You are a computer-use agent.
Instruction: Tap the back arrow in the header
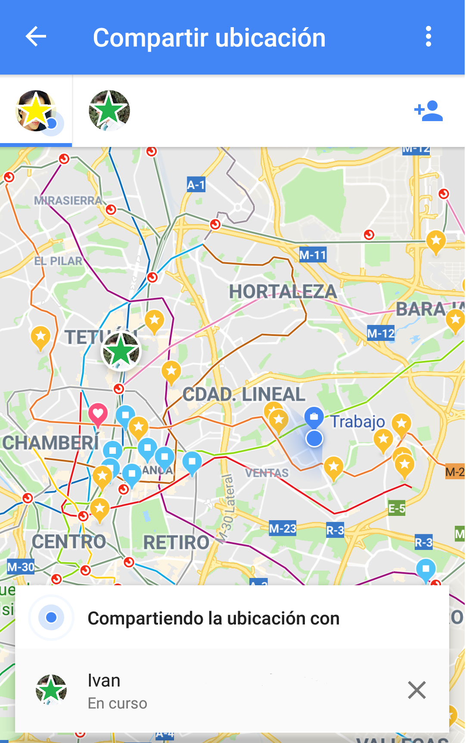click(x=36, y=37)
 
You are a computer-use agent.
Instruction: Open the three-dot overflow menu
click(x=428, y=37)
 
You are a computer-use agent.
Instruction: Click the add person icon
click(x=429, y=111)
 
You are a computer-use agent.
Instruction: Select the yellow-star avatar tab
click(x=36, y=111)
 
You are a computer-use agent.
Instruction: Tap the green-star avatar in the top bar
click(x=109, y=110)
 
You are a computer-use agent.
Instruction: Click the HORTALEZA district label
click(x=283, y=292)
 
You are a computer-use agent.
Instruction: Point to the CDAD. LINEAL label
click(x=244, y=394)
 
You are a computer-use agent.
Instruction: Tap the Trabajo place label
click(x=357, y=421)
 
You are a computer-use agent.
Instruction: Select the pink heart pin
click(x=98, y=414)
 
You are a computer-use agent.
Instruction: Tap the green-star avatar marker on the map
click(x=121, y=352)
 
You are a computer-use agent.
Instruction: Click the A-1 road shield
click(x=196, y=185)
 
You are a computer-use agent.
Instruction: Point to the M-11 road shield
click(x=313, y=255)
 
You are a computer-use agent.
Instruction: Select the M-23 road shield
click(x=283, y=528)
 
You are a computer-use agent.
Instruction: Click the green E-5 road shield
click(x=397, y=509)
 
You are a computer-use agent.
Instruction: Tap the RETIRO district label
click(x=176, y=543)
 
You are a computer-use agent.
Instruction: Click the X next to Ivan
click(x=416, y=690)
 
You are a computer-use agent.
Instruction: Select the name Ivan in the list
click(x=104, y=681)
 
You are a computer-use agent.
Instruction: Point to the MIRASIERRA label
click(x=68, y=200)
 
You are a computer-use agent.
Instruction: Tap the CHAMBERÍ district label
click(x=51, y=443)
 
